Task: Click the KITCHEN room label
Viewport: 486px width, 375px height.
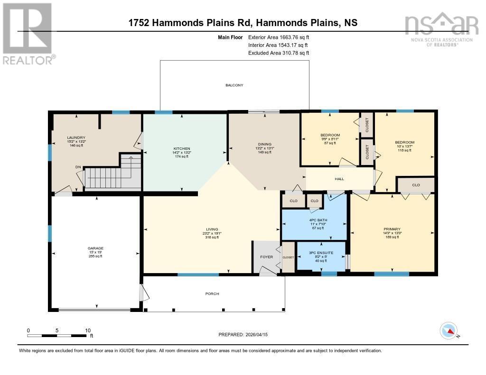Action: tap(181, 148)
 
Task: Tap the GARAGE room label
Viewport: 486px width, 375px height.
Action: tap(95, 248)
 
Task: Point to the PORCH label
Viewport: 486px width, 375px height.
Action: tap(212, 294)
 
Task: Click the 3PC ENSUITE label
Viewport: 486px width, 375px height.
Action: tap(320, 253)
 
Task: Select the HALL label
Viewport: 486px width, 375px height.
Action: tap(339, 179)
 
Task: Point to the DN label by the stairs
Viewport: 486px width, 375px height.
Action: tap(78, 167)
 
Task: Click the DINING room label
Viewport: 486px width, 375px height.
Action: tap(265, 144)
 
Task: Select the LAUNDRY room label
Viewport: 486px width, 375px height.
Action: tap(76, 137)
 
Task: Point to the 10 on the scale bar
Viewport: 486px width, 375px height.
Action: tap(87, 330)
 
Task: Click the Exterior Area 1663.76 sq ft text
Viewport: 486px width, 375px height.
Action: tap(278, 37)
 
